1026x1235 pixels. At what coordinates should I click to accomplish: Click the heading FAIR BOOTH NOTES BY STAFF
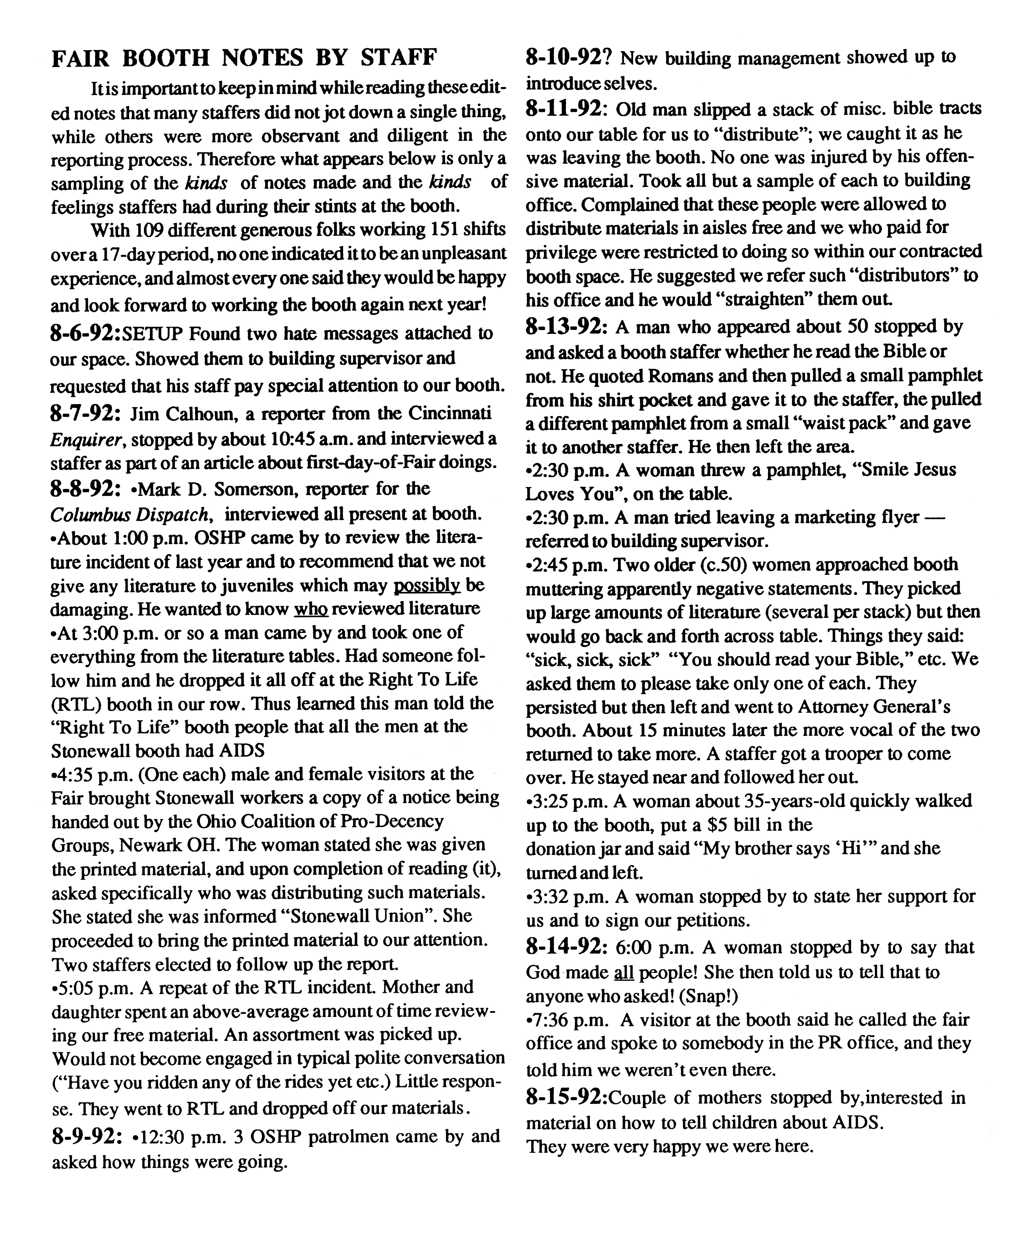[244, 58]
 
